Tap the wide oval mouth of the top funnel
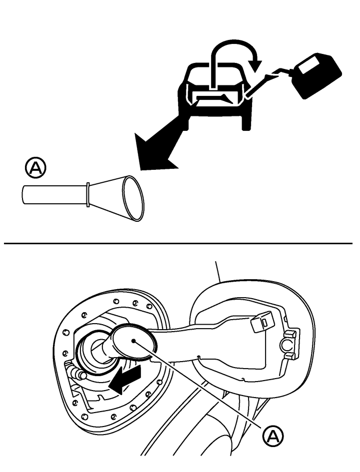click(133, 198)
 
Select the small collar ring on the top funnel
click(87, 194)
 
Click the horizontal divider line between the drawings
click(178, 243)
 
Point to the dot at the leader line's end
click(133, 341)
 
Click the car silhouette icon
click(215, 96)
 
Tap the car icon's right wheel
click(246, 123)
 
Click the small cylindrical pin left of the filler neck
click(77, 372)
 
